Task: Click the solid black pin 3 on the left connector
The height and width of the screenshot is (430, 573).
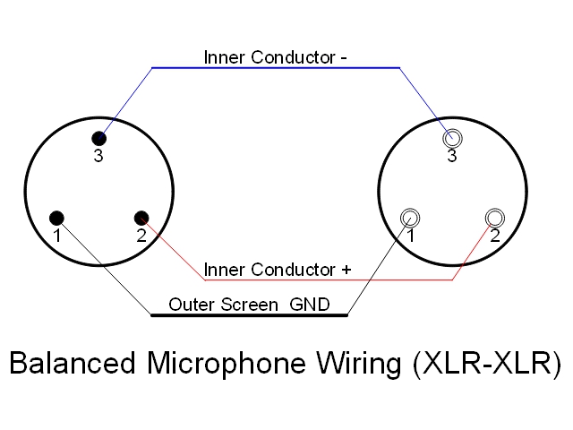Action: [98, 138]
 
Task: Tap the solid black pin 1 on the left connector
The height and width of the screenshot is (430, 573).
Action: [57, 217]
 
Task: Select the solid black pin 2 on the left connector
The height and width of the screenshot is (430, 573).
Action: [141, 217]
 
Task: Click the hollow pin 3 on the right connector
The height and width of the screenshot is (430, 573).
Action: [452, 138]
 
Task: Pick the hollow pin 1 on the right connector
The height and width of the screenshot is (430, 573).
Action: [410, 217]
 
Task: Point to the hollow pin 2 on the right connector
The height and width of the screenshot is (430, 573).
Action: [494, 217]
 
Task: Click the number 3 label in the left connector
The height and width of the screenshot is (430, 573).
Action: [99, 157]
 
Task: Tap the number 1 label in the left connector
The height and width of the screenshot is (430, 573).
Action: [56, 236]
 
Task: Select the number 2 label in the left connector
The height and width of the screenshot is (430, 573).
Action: [141, 236]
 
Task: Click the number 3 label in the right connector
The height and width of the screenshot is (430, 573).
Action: [452, 157]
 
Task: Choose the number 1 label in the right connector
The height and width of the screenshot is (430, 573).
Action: [410, 236]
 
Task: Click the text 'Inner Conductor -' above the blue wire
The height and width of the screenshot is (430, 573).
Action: [276, 57]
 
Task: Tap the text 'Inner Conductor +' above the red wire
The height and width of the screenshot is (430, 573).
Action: [278, 269]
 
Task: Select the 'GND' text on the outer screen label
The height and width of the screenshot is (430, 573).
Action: [310, 305]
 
